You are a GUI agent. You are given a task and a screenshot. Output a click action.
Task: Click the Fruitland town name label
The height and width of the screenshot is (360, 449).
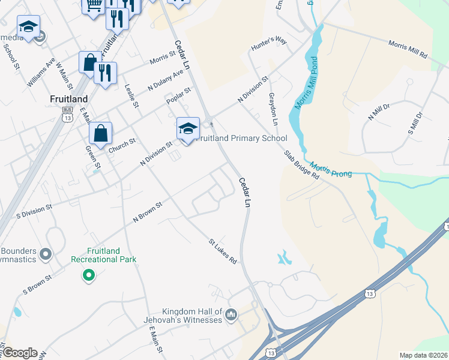69,99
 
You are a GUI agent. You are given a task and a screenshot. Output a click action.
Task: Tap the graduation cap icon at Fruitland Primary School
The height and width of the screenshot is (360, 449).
188,128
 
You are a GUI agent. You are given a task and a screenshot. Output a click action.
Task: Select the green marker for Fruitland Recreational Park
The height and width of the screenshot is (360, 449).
89,275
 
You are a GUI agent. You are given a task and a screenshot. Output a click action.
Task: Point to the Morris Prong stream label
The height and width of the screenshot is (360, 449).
327,169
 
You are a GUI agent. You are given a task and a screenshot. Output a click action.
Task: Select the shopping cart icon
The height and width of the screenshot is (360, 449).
93,6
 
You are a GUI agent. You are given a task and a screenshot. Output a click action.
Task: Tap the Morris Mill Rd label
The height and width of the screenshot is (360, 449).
408,49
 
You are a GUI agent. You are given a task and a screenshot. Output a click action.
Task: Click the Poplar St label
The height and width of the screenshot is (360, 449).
179,95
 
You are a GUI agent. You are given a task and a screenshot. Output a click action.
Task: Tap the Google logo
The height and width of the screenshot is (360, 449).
20,353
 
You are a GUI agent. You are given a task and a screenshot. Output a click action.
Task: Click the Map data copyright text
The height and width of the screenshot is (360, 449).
423,355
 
